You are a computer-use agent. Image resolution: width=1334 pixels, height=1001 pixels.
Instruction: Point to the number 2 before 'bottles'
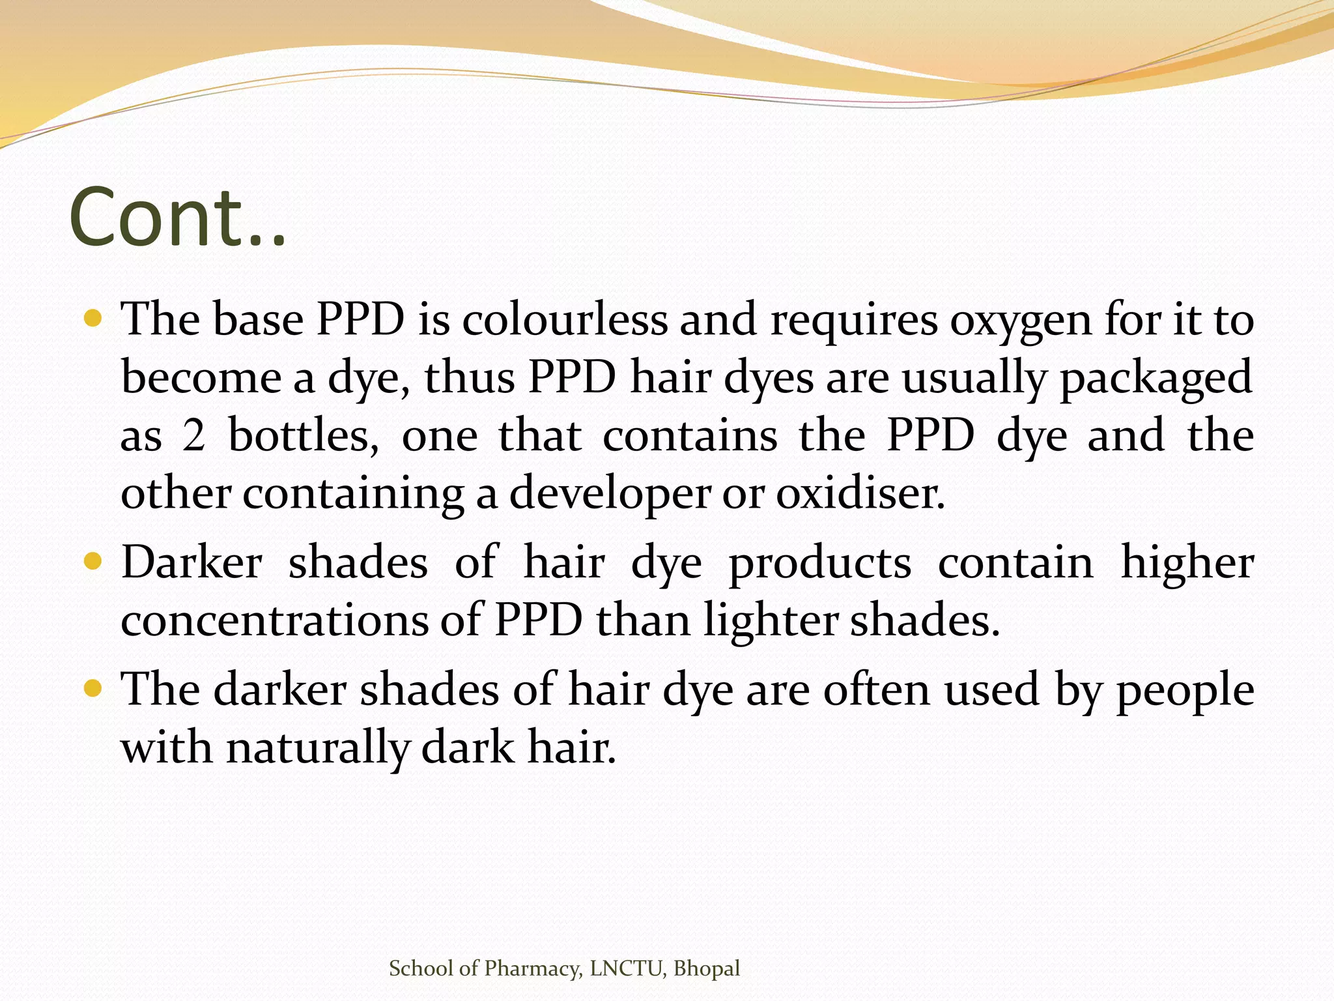[193, 435]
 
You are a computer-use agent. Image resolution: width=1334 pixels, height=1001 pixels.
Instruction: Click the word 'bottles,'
[304, 435]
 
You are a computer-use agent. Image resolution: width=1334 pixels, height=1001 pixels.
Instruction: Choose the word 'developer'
[609, 494]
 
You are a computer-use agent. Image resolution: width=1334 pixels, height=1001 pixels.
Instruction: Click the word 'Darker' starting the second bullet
[192, 562]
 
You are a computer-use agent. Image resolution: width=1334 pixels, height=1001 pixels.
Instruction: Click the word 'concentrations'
[274, 620]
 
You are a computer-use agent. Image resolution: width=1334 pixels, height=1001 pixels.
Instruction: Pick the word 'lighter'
[771, 621]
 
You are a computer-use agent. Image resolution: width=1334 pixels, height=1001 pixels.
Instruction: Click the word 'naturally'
[317, 747]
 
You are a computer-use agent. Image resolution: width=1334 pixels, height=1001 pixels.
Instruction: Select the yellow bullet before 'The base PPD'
[94, 319]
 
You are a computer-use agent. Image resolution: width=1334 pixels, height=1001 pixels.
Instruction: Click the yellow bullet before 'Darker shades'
[94, 561]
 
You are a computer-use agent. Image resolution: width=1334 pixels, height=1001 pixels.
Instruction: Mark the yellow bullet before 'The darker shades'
[94, 688]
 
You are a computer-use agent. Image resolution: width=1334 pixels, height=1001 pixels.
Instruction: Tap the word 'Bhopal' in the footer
[707, 968]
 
